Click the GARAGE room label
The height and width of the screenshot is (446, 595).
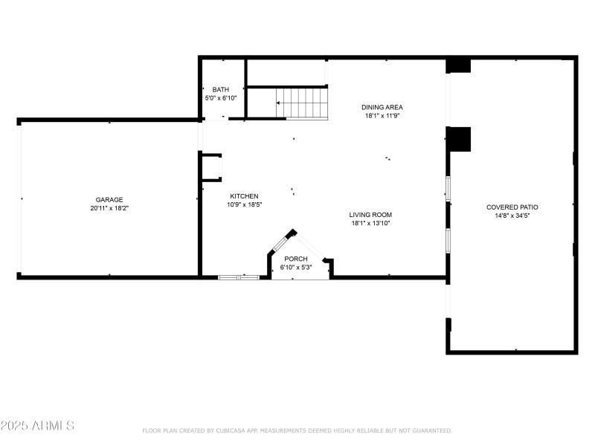[109, 199]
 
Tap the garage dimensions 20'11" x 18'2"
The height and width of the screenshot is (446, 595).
[109, 208]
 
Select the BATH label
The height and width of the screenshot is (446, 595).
[220, 89]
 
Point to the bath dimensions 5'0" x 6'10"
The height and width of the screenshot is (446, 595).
[220, 98]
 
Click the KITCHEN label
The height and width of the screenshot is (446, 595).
[244, 195]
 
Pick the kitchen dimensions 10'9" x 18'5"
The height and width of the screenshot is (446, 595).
[244, 204]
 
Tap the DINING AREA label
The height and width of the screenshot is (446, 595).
[382, 107]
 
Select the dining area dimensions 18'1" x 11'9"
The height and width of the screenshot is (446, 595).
[382, 116]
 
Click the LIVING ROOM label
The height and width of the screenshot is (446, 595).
[370, 214]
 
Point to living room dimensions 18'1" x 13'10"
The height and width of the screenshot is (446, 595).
[370, 223]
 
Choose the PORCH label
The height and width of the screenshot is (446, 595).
[296, 259]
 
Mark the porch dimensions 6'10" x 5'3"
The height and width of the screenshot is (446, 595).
[296, 268]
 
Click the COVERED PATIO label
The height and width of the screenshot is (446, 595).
[512, 207]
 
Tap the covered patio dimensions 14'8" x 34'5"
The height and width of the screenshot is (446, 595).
[512, 216]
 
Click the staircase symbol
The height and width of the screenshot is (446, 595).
[301, 103]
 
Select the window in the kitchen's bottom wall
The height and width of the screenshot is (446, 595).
[239, 277]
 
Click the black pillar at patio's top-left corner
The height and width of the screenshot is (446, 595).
[458, 65]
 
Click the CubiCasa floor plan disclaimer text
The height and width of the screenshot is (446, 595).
[297, 430]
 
